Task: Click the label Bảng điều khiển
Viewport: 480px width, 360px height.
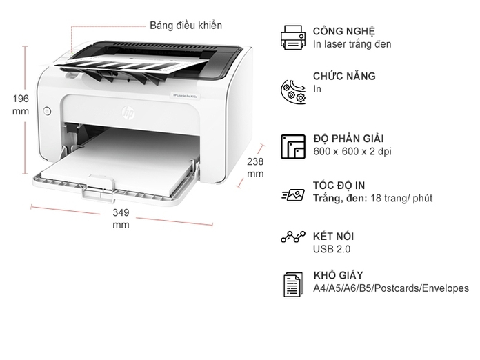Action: [x=186, y=26]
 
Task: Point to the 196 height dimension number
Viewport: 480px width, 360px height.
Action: [x=21, y=99]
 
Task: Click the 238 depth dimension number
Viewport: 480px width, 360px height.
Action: [x=255, y=161]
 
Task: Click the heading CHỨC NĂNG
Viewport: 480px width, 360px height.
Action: [x=344, y=76]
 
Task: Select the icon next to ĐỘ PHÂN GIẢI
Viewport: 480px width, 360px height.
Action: [x=292, y=146]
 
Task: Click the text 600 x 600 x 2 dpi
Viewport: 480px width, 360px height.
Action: [x=352, y=151]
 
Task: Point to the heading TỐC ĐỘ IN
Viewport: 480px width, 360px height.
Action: [x=339, y=185]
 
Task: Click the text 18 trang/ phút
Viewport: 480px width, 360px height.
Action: [x=401, y=198]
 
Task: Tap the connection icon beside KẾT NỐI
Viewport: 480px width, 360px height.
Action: [x=292, y=237]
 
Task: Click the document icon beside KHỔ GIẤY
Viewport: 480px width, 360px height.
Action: [x=292, y=285]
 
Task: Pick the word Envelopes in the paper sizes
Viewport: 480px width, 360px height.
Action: [x=445, y=288]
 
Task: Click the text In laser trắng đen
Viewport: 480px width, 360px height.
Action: [x=352, y=44]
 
